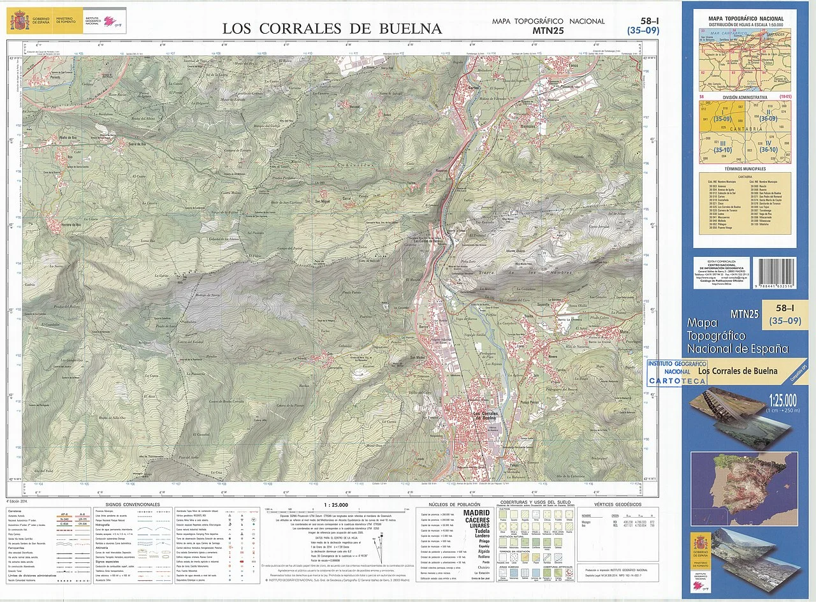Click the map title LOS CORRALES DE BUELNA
[331, 28]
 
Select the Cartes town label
[474, 87]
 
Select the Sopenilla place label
[543, 305]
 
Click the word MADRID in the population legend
[476, 513]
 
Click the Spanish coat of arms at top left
[18, 21]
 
